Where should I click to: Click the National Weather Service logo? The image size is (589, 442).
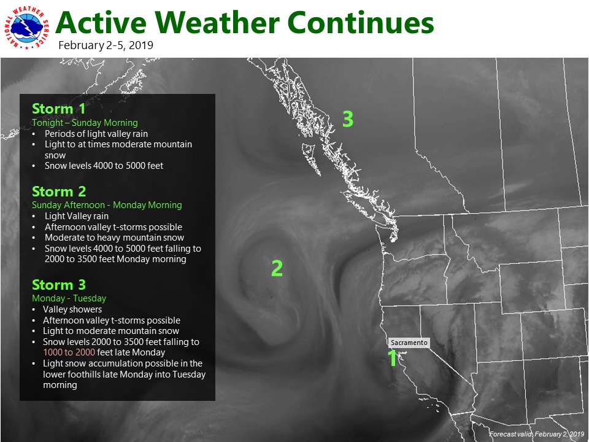(27, 28)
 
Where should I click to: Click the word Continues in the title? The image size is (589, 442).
(361, 24)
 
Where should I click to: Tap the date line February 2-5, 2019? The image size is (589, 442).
(106, 45)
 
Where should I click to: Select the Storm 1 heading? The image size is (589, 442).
(59, 109)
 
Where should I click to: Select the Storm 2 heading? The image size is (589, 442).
(59, 191)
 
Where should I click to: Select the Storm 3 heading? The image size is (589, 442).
(59, 285)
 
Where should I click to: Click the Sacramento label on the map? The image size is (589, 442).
(409, 343)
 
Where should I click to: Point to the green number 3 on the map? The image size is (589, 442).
(347, 119)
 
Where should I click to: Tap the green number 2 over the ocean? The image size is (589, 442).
(277, 268)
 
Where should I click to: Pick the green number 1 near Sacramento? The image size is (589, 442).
(392, 359)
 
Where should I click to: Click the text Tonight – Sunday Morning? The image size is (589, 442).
(85, 123)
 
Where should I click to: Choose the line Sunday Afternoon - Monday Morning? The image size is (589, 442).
(107, 204)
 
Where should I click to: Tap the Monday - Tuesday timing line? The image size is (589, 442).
(69, 298)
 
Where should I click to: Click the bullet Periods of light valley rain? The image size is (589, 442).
(96, 133)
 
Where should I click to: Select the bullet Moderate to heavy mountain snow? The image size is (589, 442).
(114, 237)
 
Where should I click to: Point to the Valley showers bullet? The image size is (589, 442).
(72, 309)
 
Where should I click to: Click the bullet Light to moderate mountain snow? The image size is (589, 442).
(111, 331)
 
